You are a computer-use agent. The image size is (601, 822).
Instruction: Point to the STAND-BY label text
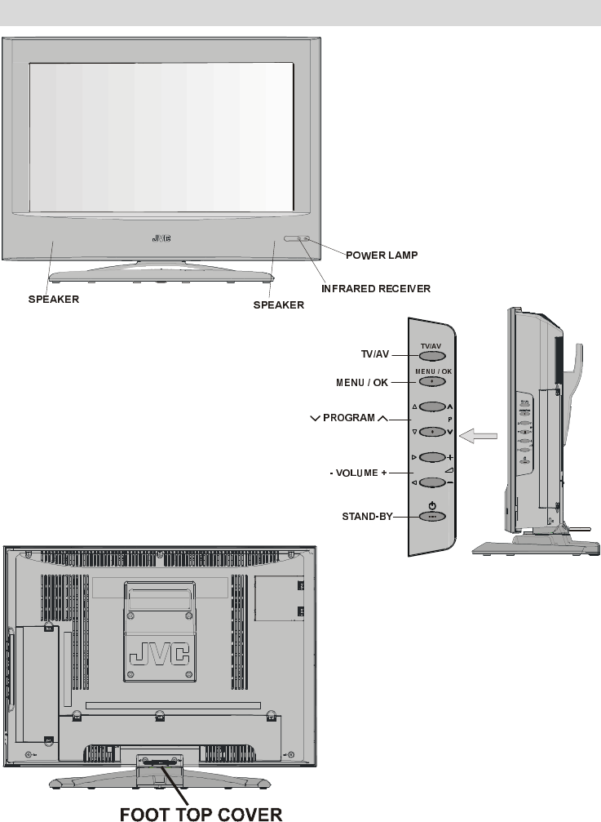[x=365, y=516]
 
